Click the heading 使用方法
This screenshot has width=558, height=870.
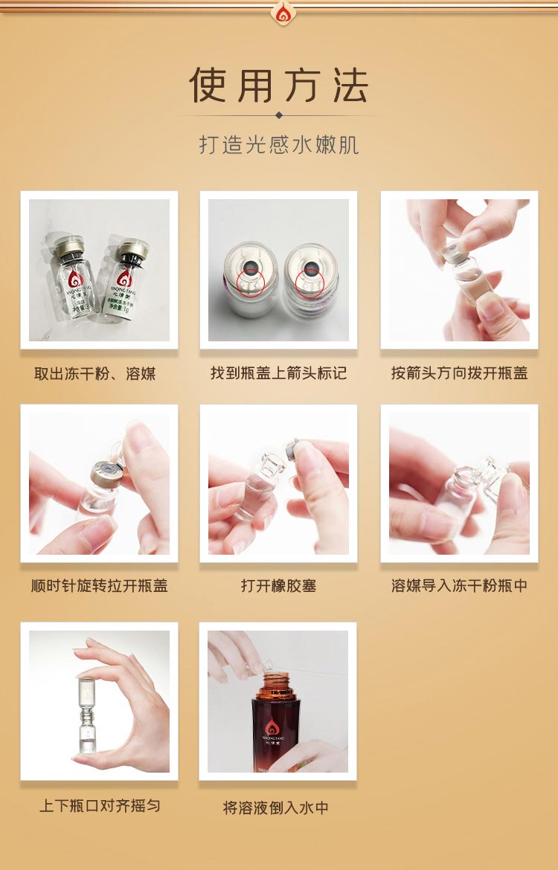coord(278,85)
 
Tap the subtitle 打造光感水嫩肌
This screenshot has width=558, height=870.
coord(278,144)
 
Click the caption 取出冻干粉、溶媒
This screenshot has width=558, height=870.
coord(95,373)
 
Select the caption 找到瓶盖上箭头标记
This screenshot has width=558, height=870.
coord(278,373)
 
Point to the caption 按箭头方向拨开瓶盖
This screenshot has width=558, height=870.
coord(459,373)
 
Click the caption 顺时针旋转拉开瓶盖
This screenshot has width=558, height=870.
coord(99,586)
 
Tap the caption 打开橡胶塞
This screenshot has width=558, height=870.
coord(278,586)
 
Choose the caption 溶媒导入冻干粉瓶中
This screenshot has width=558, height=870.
coord(459,586)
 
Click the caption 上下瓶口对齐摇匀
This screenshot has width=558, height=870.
coord(99,806)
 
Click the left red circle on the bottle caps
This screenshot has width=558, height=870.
coord(251,282)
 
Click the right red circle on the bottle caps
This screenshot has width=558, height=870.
coord(310,282)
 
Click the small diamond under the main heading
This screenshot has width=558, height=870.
coord(279,115)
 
